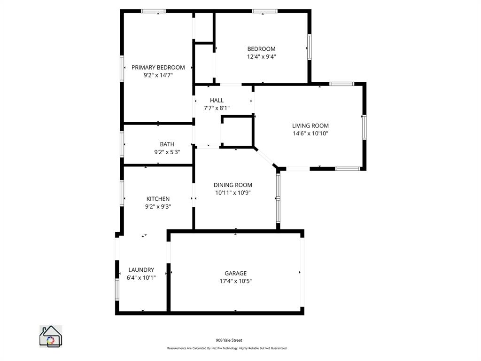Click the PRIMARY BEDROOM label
click(x=158, y=67)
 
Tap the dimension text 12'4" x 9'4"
click(x=261, y=56)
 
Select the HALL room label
click(x=217, y=100)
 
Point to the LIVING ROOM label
click(x=310, y=126)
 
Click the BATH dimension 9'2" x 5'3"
click(x=167, y=152)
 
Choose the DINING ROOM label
click(x=233, y=185)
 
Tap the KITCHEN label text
click(x=158, y=199)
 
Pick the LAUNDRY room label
click(x=141, y=270)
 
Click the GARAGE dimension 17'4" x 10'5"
click(x=235, y=281)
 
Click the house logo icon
click(x=51, y=337)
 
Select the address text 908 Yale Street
click(x=229, y=340)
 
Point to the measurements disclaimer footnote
click(x=226, y=348)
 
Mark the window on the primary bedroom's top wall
click(x=154, y=11)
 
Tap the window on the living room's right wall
click(x=364, y=127)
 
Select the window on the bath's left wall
click(x=122, y=144)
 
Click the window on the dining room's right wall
click(x=278, y=198)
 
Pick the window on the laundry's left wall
click(x=117, y=289)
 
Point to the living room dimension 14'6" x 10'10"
click(x=310, y=133)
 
